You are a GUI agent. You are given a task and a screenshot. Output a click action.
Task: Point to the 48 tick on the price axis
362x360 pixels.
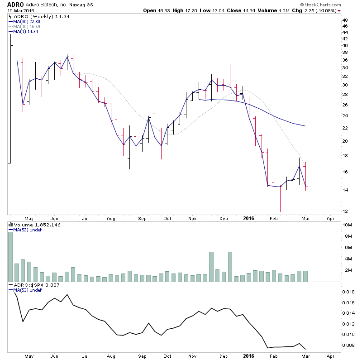click(x=345, y=20)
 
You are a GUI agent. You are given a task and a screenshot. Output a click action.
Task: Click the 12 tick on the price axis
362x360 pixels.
click(x=345, y=211)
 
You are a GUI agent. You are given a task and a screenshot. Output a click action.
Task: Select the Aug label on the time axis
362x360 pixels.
click(x=111, y=218)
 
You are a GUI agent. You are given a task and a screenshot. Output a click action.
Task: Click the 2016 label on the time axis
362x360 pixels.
click(x=249, y=218)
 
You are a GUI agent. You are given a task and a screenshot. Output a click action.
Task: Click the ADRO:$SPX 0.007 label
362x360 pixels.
click(x=32, y=285)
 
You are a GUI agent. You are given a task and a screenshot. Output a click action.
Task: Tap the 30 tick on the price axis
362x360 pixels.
click(x=345, y=85)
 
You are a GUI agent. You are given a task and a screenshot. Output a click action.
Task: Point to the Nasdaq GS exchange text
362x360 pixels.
click(x=82, y=5)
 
